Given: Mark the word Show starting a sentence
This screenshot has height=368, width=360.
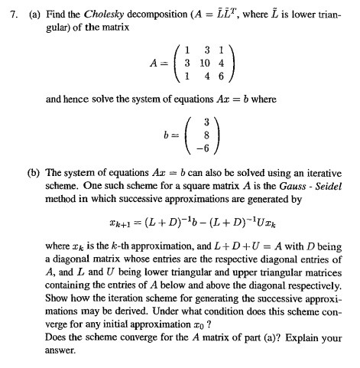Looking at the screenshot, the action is [58, 312].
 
